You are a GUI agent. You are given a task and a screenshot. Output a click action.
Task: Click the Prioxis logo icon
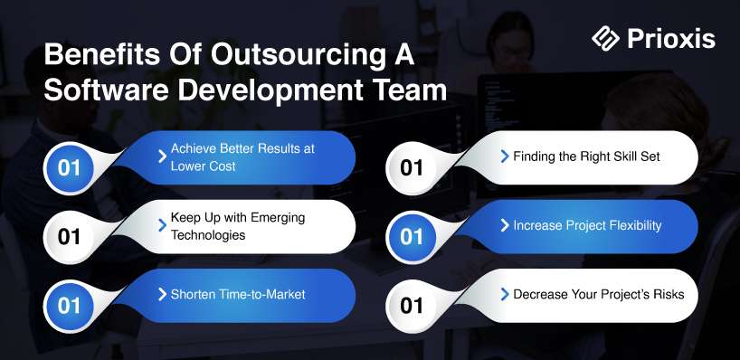(x=605, y=38)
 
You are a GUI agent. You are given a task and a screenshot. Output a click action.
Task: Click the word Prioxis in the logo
(x=671, y=39)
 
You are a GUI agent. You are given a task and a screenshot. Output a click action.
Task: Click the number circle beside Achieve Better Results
(x=69, y=168)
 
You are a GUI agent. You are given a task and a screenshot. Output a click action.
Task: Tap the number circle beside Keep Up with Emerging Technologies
(x=69, y=237)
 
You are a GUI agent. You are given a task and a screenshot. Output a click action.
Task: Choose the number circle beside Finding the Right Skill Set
(x=412, y=168)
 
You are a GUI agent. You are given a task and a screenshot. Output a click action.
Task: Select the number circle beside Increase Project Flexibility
(x=412, y=237)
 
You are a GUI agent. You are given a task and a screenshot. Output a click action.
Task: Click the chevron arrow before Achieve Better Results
(x=162, y=156)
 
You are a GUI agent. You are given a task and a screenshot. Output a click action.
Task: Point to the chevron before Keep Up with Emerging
(x=162, y=225)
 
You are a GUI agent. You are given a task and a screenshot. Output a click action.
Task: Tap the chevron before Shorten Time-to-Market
(x=162, y=294)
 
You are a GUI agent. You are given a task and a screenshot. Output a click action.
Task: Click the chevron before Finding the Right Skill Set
(x=505, y=156)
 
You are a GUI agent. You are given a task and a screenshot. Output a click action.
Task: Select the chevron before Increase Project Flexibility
(x=505, y=225)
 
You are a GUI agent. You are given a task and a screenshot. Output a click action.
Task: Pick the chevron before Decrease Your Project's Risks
(x=505, y=294)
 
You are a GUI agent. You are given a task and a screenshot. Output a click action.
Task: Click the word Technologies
(x=208, y=235)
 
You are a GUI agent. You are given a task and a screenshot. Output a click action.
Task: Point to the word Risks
(x=669, y=294)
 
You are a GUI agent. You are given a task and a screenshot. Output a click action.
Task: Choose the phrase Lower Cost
(x=203, y=166)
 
